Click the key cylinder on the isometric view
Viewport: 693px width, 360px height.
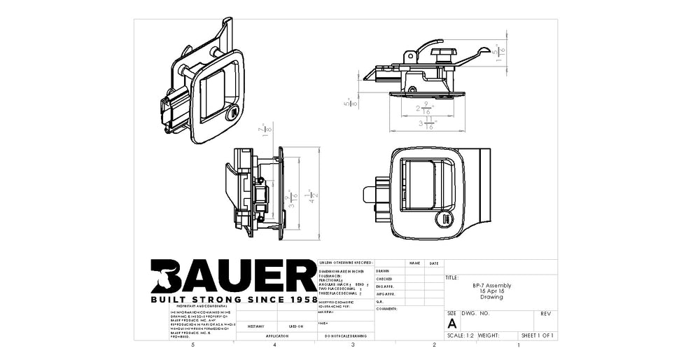click(231, 113)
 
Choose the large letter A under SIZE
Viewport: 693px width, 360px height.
click(451, 323)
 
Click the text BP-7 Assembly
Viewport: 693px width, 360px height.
click(496, 286)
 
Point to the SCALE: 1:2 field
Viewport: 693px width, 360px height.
click(460, 336)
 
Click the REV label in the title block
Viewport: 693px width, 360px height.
click(546, 314)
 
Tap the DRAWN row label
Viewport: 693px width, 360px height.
click(383, 271)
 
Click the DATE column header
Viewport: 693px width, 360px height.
click(434, 263)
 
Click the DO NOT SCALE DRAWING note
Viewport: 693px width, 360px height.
click(345, 337)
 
